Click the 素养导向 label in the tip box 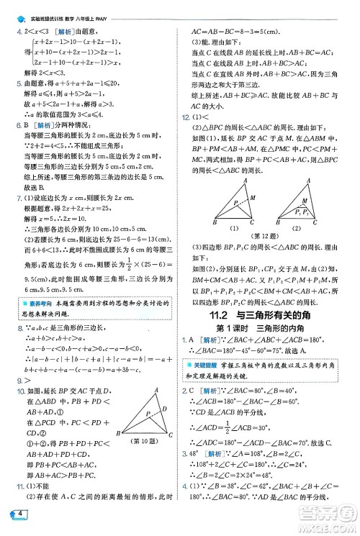point(32,303)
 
